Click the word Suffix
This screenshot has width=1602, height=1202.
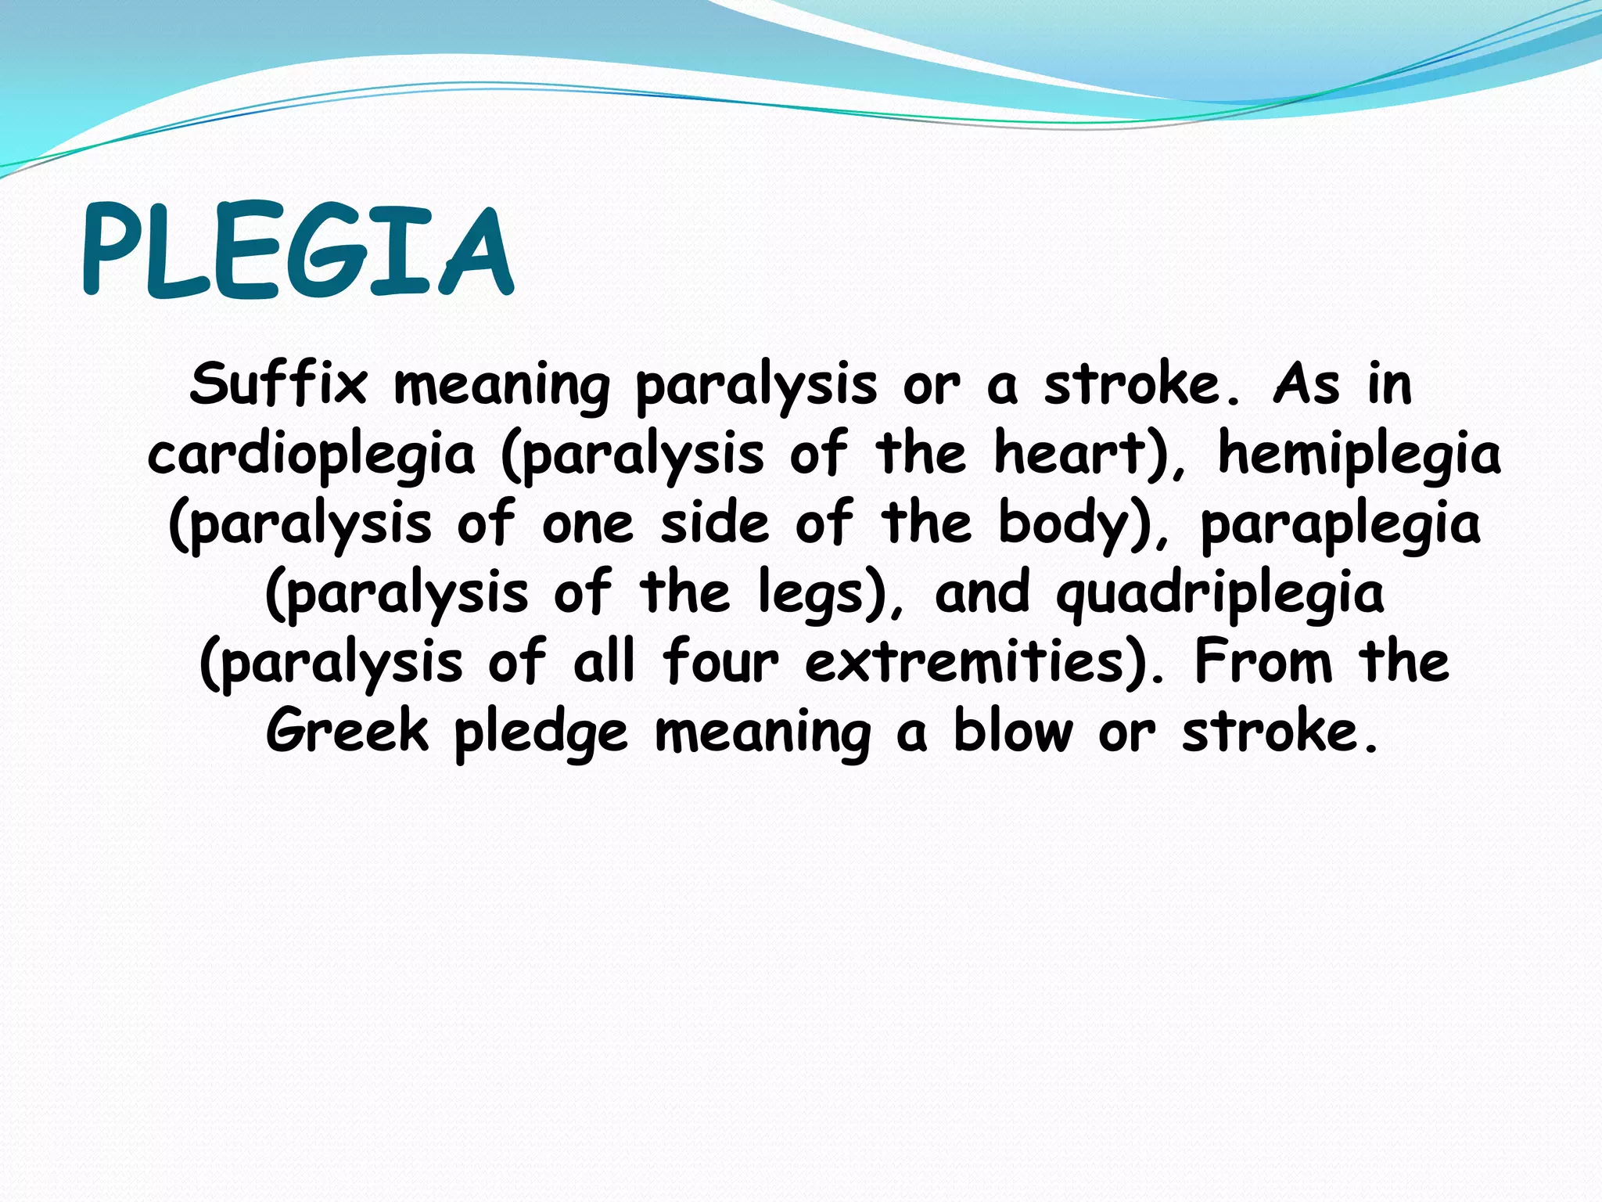(x=278, y=384)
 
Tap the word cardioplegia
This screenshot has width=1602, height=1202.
(x=311, y=455)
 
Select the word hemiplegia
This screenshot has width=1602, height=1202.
(x=1360, y=455)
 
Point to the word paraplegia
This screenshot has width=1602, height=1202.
(x=1340, y=524)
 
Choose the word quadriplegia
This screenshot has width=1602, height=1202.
(x=1219, y=594)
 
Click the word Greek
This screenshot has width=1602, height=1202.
(x=347, y=731)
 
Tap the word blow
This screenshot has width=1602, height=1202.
(x=1013, y=731)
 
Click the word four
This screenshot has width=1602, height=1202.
(x=720, y=662)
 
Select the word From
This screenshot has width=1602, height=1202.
(x=1263, y=662)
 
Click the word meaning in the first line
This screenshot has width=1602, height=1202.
(x=501, y=386)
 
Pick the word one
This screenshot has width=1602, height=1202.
(x=587, y=524)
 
